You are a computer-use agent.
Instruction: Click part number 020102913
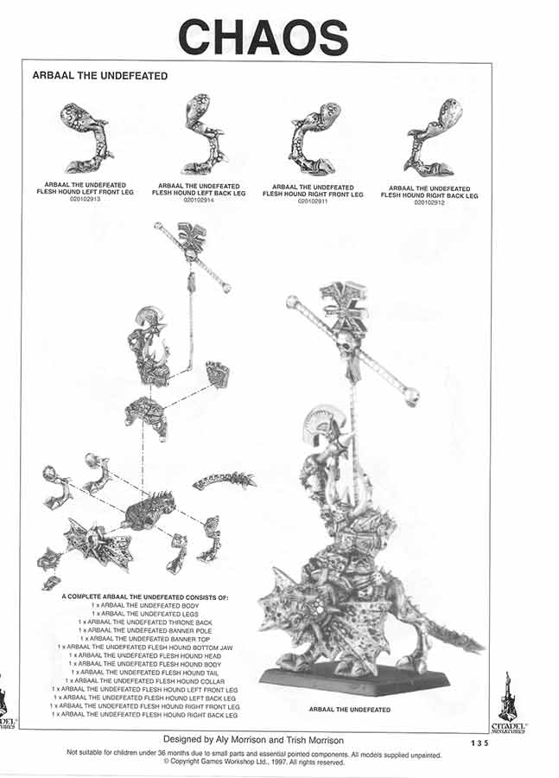85,199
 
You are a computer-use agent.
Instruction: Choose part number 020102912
429,202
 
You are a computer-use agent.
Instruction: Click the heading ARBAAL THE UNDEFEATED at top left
100,76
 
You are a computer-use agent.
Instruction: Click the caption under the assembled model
350,710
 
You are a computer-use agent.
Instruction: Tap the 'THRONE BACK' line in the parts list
145,622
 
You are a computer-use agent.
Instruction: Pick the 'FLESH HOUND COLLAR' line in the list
145,680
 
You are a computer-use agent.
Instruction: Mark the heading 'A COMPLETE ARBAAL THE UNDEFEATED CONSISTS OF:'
145,597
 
